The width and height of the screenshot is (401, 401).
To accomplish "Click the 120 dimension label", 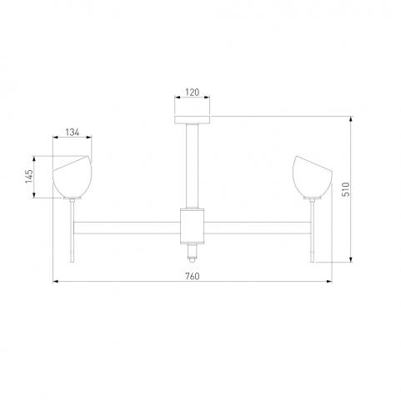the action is point(193,92).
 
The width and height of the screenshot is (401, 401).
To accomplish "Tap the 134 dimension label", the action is point(73,133).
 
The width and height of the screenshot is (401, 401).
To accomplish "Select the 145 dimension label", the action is point(29,177).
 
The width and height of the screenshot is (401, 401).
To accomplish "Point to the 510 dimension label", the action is point(346,189).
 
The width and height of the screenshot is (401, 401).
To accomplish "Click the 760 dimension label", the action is point(193,276).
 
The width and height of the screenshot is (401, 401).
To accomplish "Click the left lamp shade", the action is point(73,177).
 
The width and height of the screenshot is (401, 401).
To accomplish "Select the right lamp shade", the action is point(313,177).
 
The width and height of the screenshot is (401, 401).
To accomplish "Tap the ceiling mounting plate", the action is point(193,120).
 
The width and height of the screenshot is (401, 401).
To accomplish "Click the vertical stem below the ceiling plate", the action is point(193,166).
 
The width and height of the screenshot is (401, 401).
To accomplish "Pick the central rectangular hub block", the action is point(193,226).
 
